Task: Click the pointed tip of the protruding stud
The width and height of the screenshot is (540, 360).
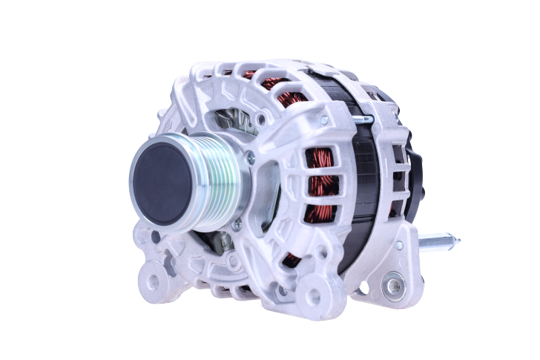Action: click(458, 240)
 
